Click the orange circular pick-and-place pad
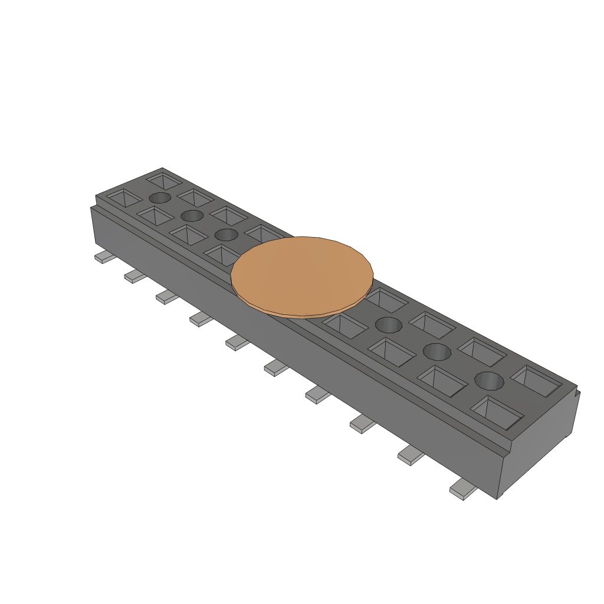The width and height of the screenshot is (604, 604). click(x=302, y=275)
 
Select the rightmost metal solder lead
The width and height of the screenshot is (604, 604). click(x=464, y=490)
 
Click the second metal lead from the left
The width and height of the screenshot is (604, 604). click(x=134, y=275)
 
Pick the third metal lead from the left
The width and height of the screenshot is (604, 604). click(x=167, y=297)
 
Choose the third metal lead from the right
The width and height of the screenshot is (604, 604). click(x=363, y=423)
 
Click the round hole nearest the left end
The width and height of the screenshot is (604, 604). click(x=160, y=198)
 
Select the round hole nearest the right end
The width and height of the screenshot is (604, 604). click(x=490, y=380)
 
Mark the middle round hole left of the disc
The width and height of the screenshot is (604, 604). click(x=192, y=215)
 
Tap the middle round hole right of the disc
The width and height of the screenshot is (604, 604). click(x=437, y=352)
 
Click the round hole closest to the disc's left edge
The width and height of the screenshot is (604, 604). click(x=226, y=235)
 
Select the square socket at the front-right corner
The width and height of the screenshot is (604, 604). click(x=497, y=411)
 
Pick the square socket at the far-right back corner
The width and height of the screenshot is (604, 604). click(x=536, y=380)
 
